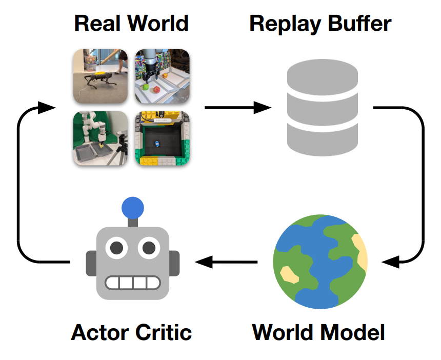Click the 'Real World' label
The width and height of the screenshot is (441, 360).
pos(131,24)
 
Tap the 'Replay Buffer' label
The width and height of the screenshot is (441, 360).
pos(320,24)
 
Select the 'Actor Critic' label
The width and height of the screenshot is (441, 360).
pos(131,332)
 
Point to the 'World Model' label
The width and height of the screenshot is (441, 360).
pos(318,332)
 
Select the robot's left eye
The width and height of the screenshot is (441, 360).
pos(116,249)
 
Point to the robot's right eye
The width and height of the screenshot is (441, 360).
pos(149,249)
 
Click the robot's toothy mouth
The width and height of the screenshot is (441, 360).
pos(132,283)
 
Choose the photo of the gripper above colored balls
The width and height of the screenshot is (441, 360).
pos(163,76)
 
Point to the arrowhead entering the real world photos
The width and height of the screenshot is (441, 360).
pos(47,108)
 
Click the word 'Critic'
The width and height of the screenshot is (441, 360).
pos(163,332)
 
